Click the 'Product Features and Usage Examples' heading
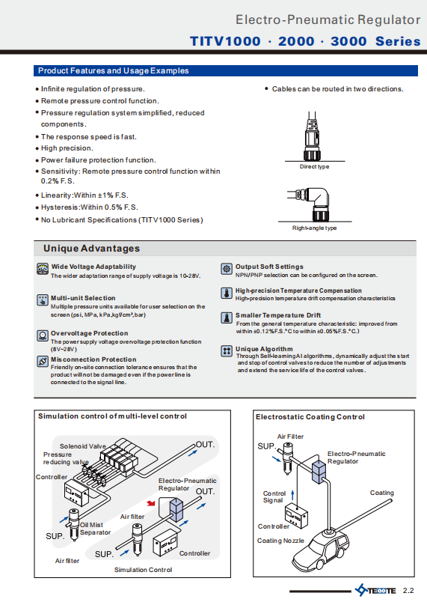114,70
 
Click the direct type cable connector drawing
312,136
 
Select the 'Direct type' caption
314,167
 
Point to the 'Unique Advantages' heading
92,249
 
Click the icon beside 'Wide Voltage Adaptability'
43,269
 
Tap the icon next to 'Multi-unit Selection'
43,300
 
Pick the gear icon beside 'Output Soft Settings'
227,269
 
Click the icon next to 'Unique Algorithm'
227,351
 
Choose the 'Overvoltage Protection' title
89,333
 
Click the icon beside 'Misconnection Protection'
43,362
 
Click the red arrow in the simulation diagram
151,503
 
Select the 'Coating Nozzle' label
280,541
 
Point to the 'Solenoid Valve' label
83,446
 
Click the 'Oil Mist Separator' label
95,529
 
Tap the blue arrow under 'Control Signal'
293,494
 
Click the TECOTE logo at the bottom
375,590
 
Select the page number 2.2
408,591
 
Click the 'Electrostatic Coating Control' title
310,417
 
